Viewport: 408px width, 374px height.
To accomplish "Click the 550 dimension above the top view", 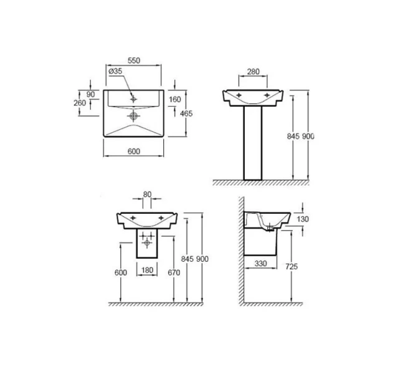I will point(133,60).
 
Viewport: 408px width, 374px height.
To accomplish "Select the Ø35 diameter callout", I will point(115,72).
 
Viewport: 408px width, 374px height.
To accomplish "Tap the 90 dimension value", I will point(92,94).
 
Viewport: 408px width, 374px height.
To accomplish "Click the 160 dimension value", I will point(176,99).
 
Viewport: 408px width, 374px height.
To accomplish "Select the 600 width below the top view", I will point(133,152).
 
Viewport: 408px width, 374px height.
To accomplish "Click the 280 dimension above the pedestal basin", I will point(253,72).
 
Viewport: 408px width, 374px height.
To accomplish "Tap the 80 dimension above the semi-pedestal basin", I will point(147,194).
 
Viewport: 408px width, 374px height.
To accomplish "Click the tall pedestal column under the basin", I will point(253,143).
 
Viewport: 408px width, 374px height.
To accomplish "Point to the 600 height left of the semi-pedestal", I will point(120,272).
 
